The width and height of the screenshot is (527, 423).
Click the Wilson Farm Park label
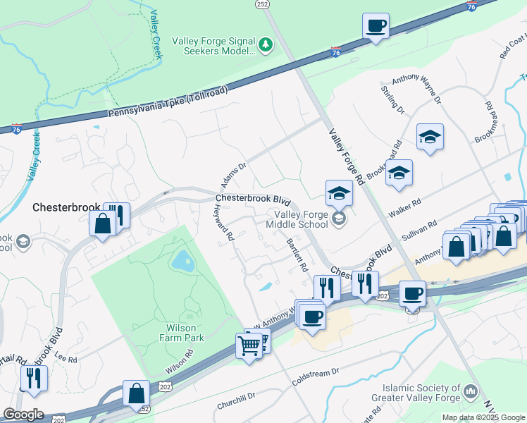185,333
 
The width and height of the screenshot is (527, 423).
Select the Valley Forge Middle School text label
297,219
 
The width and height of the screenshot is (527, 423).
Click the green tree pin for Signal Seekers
265,45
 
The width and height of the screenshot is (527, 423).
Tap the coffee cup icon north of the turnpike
376,26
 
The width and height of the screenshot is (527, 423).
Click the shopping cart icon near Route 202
249,346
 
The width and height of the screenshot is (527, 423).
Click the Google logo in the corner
23,415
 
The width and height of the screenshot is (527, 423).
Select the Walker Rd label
404,207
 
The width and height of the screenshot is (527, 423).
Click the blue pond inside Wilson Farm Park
182,262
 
